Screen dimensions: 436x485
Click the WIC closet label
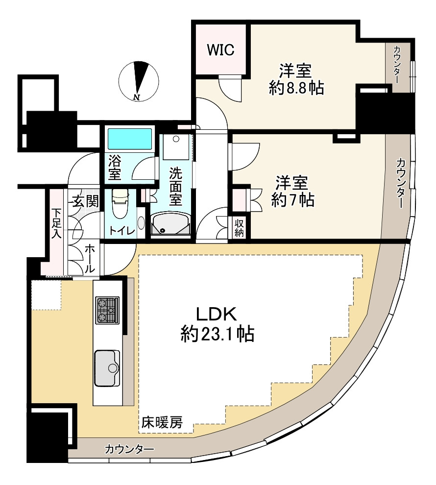tap(220, 50)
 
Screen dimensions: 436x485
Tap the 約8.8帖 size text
tap(296, 88)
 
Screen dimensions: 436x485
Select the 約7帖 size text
tap(292, 200)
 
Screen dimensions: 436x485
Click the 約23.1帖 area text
tap(218, 334)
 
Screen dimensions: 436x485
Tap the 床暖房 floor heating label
tap(162, 422)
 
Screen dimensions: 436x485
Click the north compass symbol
tap(138, 81)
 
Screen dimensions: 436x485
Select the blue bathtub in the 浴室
tap(129, 139)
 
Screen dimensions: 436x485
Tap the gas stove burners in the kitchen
tap(107, 310)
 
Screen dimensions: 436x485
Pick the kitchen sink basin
tap(107, 368)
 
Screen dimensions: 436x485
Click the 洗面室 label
tap(175, 187)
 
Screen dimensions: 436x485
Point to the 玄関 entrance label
tap(86, 201)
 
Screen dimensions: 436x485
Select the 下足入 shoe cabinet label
tap(56, 224)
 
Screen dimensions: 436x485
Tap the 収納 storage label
tap(239, 228)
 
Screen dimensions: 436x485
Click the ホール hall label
tap(90, 259)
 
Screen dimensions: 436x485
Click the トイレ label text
tap(122, 231)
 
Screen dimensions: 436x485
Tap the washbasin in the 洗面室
tap(170, 224)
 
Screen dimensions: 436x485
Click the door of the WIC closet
tap(229, 88)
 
